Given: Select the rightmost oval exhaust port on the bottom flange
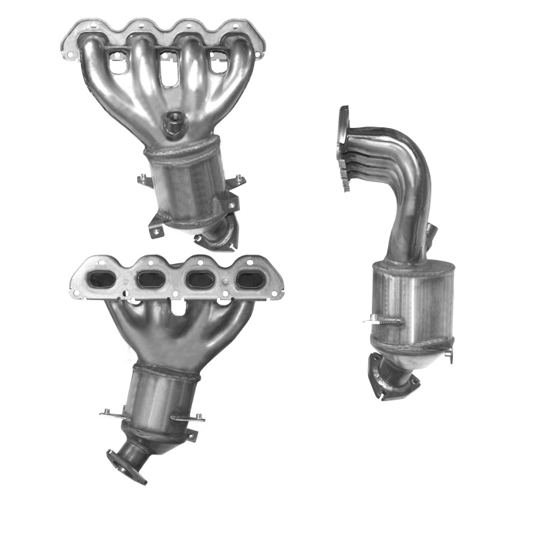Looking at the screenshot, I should (248, 279).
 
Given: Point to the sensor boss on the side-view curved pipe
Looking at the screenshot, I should (433, 231).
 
